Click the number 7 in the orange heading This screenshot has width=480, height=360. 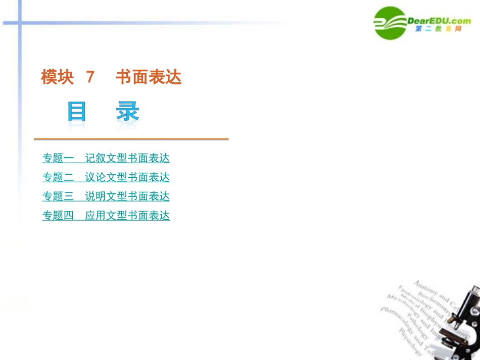click(90, 77)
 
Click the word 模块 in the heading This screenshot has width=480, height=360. click(57, 77)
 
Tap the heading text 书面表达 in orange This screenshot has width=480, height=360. click(149, 77)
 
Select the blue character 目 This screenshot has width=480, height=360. click(77, 112)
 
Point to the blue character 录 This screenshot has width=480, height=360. click(127, 112)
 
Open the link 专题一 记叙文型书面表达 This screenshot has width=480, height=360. click(106, 158)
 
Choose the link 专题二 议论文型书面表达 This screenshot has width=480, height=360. click(106, 177)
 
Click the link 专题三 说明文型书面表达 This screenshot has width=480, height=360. click(106, 196)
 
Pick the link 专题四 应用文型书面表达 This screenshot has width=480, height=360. click(106, 216)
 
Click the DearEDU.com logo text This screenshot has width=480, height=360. click(439, 21)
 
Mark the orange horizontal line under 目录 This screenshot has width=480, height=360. click(131, 139)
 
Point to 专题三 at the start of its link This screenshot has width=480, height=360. click(58, 196)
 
